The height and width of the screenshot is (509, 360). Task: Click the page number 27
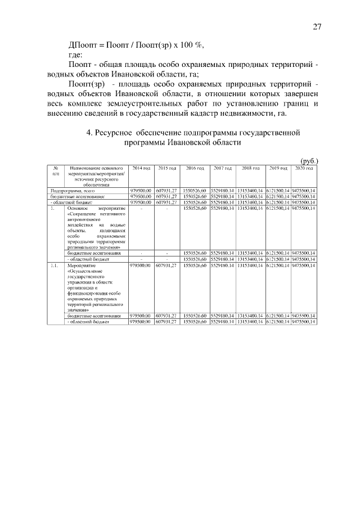[317, 27]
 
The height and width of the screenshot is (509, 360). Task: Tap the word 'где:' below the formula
[75, 55]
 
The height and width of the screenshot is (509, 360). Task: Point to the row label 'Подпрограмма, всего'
[72, 192]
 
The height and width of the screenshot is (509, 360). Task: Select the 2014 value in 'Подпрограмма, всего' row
[141, 192]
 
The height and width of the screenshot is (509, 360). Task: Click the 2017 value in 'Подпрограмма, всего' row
[223, 192]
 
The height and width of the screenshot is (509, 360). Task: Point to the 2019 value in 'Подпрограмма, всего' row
[278, 192]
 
